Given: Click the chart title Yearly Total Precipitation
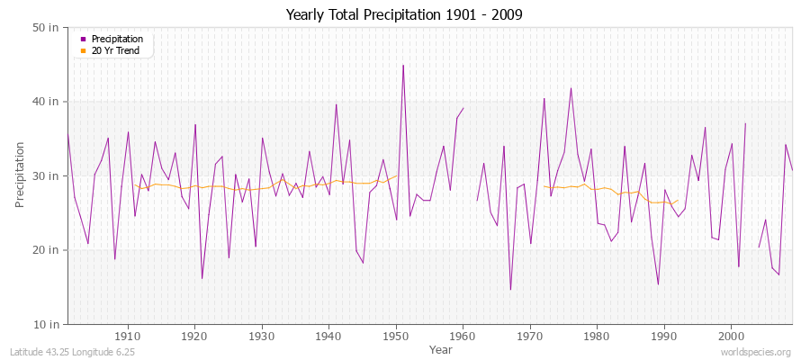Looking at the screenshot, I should (x=405, y=15).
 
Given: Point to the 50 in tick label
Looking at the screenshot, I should (x=47, y=27).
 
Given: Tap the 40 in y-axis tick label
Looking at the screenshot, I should (x=47, y=102).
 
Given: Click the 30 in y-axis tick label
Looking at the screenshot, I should (x=47, y=175).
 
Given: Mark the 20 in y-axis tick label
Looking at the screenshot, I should (x=47, y=249).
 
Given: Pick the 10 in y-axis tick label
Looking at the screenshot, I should (x=47, y=323).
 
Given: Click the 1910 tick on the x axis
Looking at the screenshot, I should (x=128, y=336).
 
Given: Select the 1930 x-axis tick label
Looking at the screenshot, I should (x=262, y=336).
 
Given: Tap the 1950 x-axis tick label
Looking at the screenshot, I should (x=396, y=336).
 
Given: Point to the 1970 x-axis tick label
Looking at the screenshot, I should (x=530, y=336).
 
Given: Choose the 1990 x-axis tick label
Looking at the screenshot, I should (x=664, y=336).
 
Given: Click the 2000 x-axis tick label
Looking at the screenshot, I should (x=731, y=336).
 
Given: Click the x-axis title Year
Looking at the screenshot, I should (x=441, y=348).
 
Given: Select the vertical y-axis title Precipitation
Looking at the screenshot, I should (x=21, y=175).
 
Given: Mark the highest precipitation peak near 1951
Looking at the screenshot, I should (x=403, y=65).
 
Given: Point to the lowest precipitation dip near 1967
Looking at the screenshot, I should (x=510, y=290).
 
